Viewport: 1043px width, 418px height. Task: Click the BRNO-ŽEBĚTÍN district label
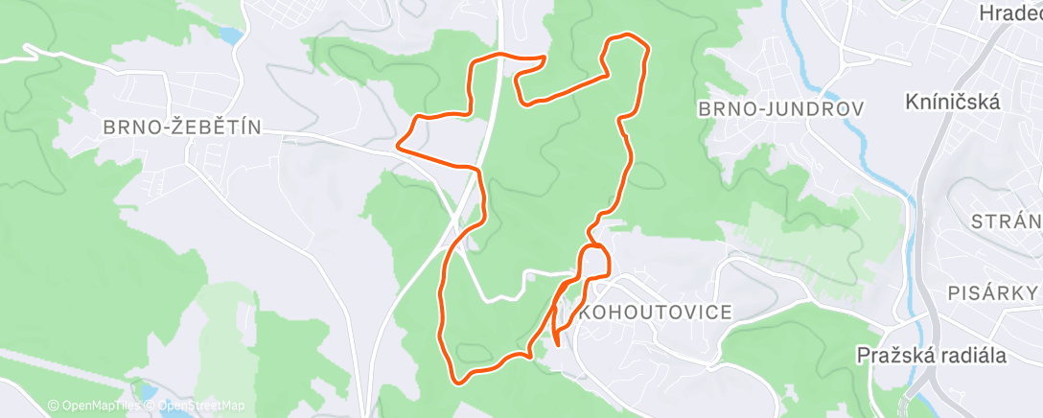pyautogui.click(x=181, y=127)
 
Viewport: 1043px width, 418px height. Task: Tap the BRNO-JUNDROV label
pyautogui.click(x=781, y=109)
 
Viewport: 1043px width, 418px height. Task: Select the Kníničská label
pyautogui.click(x=953, y=101)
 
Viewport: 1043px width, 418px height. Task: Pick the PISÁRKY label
pyautogui.click(x=993, y=292)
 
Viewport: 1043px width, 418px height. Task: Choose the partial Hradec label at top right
pyautogui.click(x=1008, y=13)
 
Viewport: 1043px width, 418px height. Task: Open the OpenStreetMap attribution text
pyautogui.click(x=197, y=406)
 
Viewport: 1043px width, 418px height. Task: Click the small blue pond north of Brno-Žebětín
pyautogui.click(x=231, y=35)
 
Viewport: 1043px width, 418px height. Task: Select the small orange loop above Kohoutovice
pyautogui.click(x=594, y=261)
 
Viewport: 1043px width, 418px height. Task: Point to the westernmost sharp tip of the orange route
pyautogui.click(x=398, y=148)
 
